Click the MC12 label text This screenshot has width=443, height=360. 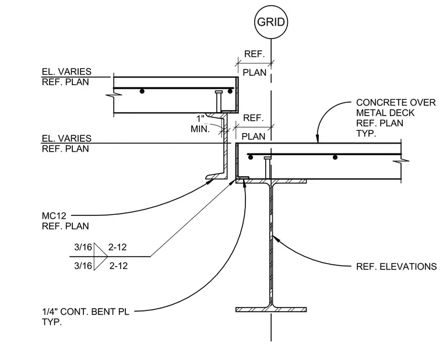coord(54,216)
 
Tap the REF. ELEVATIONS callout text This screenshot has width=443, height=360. coord(396,267)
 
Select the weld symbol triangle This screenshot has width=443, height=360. coord(100,257)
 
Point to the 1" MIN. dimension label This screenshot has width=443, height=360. coord(201,124)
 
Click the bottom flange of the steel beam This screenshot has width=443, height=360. coord(271,309)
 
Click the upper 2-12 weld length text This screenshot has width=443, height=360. coord(118,247)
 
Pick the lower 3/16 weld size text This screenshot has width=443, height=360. coord(83,265)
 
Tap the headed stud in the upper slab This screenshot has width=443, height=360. coord(219,102)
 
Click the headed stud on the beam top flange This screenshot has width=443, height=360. coord(268,167)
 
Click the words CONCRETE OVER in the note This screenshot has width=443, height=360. coord(396,102)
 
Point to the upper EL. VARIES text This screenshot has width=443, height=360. coord(66,71)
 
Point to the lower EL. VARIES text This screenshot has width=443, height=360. coord(66,138)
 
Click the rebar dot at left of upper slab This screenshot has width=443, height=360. coord(142,91)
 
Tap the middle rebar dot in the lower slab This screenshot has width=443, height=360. coord(335,157)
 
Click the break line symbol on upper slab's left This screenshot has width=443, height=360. coord(114,95)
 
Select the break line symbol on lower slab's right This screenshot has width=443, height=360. coord(401,161)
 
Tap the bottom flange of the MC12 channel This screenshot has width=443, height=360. coord(216,176)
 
